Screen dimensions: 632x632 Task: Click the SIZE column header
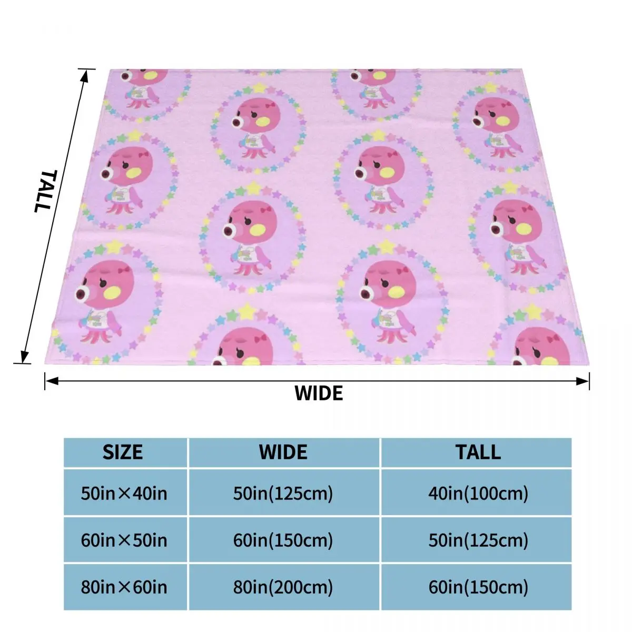[x=123, y=452]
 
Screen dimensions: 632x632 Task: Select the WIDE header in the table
[x=283, y=452]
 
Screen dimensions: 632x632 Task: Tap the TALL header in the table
[x=478, y=452]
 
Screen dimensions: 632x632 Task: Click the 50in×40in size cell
[x=124, y=493]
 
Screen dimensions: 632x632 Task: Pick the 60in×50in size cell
[x=124, y=540]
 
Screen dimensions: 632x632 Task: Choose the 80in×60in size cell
[x=124, y=587]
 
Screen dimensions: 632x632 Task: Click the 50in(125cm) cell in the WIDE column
[x=283, y=493]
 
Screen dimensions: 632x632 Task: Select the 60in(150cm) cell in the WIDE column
[x=283, y=540]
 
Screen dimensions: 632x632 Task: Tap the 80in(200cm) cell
[x=283, y=587]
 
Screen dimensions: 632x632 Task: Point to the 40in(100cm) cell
[x=478, y=493]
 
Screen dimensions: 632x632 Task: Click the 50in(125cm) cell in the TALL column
[x=478, y=540]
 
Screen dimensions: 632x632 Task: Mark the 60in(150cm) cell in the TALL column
[x=478, y=587]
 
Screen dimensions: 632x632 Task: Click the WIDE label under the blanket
[x=319, y=393]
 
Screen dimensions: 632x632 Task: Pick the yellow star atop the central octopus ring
[x=253, y=188]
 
